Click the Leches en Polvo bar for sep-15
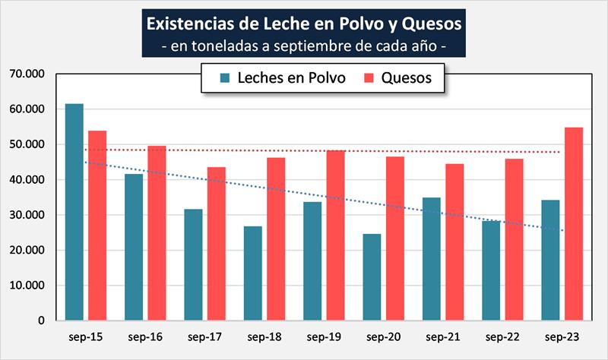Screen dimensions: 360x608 pos(74,212)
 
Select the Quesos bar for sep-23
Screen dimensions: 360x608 pos(573,224)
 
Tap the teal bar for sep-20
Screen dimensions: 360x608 pos(372,277)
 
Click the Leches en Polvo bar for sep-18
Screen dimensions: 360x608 pos(253,273)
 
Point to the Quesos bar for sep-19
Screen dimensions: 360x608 pos(335,235)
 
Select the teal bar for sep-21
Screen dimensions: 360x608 pos(432,259)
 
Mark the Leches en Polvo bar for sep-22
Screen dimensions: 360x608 pos(491,270)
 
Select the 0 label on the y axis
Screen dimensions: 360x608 pos(42,321)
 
